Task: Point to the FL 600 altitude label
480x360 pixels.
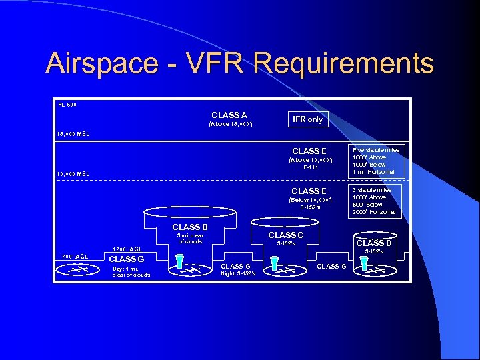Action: [67, 105]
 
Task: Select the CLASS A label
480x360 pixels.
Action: [229, 115]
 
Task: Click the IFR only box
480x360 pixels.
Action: [307, 119]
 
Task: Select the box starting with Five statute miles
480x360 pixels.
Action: [376, 161]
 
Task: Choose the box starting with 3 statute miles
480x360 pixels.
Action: [376, 201]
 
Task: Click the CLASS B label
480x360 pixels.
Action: [190, 227]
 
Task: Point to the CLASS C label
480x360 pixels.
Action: [285, 235]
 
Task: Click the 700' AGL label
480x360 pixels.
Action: [75, 257]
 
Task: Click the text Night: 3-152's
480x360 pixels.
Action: [239, 274]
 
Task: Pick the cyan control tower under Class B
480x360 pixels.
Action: [179, 263]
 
